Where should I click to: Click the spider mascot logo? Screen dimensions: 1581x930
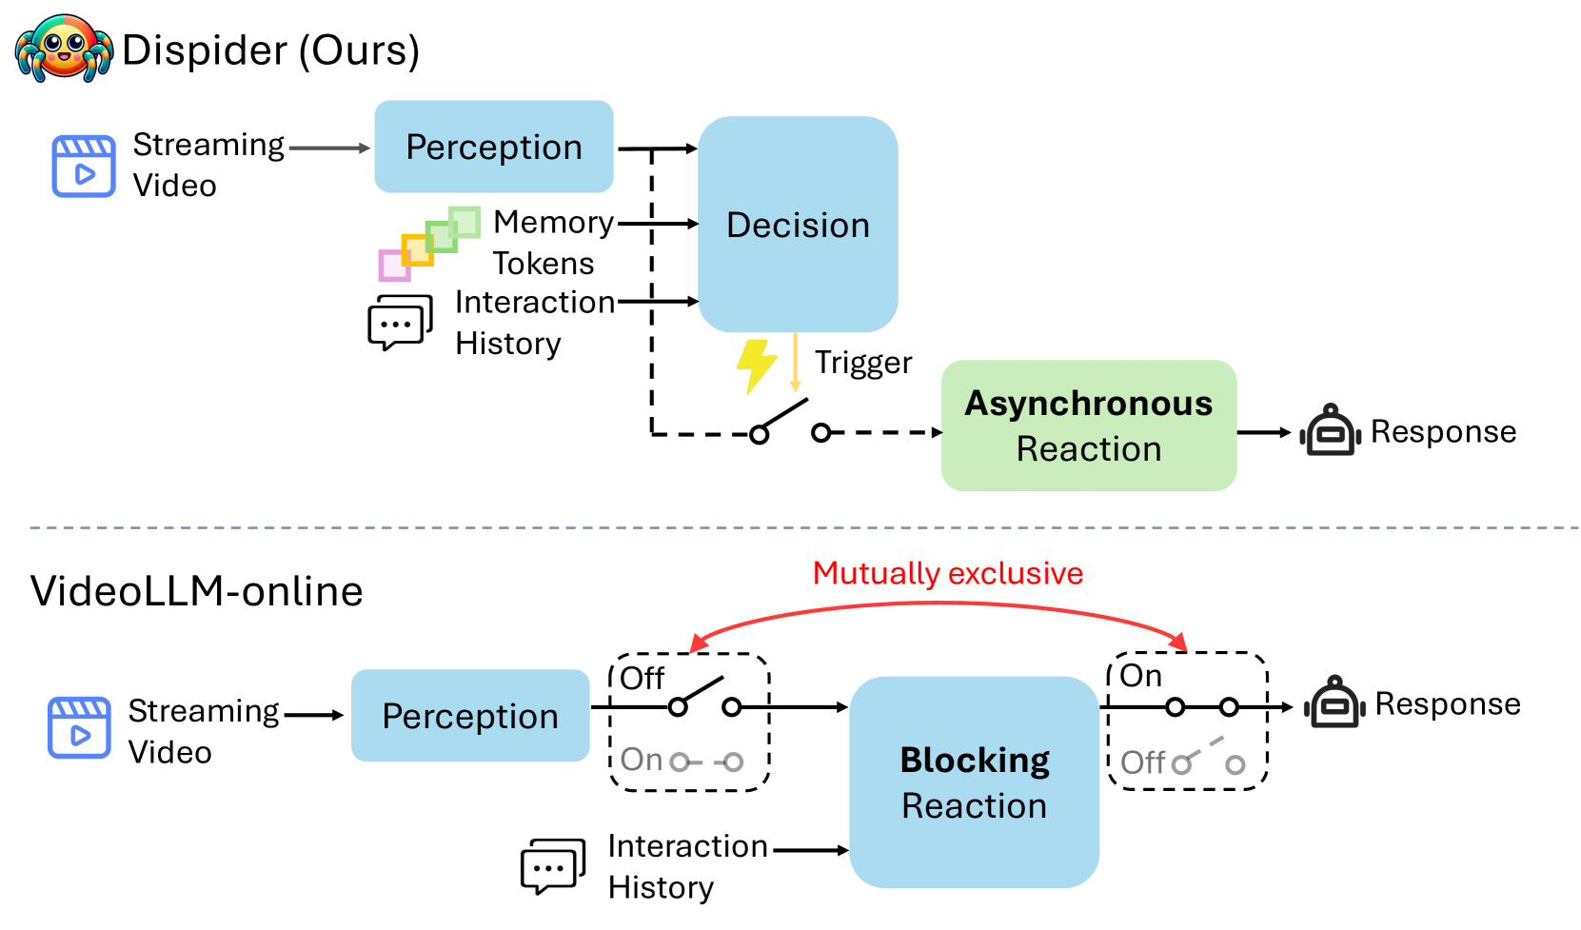click(x=64, y=48)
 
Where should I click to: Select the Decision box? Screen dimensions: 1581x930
click(x=798, y=225)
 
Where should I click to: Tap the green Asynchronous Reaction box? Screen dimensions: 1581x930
click(x=1088, y=425)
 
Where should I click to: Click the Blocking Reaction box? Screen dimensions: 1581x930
click(x=974, y=782)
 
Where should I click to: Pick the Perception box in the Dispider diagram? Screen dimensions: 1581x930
click(x=493, y=147)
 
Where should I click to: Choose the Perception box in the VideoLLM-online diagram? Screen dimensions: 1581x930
click(x=470, y=716)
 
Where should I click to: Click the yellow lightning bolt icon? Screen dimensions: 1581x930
click(x=756, y=366)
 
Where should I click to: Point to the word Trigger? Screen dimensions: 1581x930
click(x=863, y=363)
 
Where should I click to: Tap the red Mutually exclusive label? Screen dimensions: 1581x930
click(x=948, y=573)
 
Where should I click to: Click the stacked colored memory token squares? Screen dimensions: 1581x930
click(x=430, y=244)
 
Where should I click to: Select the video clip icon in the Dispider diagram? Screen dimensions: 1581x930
click(x=83, y=166)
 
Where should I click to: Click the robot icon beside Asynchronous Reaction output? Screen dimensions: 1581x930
click(x=1331, y=429)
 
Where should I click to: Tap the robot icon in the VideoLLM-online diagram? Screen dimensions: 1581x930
click(x=1334, y=702)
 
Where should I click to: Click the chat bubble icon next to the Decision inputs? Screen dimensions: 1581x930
click(x=400, y=322)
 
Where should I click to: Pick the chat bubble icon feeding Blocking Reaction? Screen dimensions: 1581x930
click(x=553, y=866)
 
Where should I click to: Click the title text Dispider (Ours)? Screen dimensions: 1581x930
click(x=271, y=50)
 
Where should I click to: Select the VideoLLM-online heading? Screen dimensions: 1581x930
click(x=196, y=590)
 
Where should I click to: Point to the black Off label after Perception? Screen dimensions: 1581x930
click(x=642, y=678)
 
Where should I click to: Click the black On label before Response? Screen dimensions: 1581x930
click(x=1140, y=676)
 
